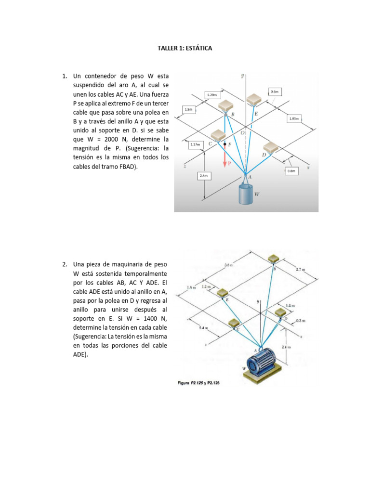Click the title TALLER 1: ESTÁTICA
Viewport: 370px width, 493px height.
pos(185,49)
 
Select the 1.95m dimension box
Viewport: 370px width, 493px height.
pos(294,118)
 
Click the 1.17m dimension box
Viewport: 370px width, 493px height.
pos(195,144)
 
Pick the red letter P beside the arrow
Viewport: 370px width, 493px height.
pos(229,163)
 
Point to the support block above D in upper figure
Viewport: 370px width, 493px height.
pos(271,146)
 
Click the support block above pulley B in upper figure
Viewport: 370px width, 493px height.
pos(225,106)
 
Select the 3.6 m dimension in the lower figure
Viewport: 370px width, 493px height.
pos(229,265)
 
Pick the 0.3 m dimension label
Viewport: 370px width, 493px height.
pos(301,321)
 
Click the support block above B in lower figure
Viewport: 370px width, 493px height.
pos(274,259)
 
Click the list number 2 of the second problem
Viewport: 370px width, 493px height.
pos(64,264)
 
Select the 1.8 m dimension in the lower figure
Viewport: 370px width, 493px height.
pos(191,288)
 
